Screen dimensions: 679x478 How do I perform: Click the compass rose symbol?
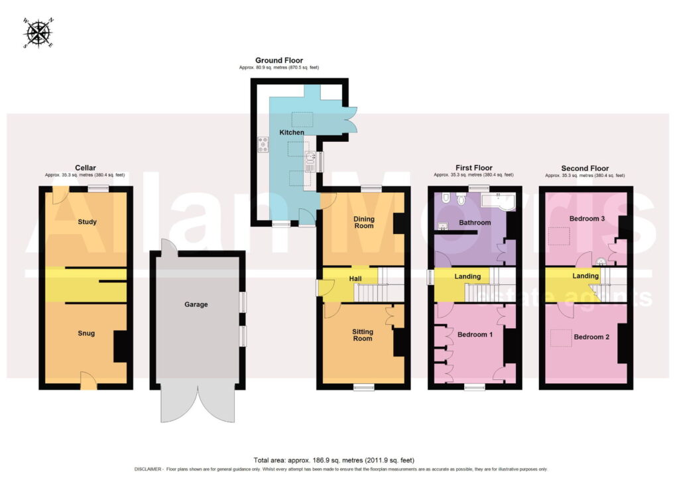38,33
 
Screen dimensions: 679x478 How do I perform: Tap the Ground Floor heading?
279,60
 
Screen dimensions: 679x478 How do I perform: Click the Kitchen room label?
292,132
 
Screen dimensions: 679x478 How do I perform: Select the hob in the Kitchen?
263,144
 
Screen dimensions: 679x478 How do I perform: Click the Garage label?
196,304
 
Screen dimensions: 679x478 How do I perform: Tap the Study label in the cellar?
87,221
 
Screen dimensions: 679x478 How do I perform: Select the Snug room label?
86,333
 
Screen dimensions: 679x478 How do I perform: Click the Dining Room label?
364,222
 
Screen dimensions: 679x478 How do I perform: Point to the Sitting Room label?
363,335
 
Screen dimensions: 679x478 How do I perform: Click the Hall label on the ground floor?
355,278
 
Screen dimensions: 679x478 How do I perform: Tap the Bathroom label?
475,223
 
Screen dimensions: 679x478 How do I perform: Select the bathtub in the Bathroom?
498,202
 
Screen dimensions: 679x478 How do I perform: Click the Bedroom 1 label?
475,334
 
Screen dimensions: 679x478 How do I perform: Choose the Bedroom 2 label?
591,337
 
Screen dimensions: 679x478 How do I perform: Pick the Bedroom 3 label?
587,219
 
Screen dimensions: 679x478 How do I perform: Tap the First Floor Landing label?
467,276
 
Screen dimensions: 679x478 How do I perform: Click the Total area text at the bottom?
334,460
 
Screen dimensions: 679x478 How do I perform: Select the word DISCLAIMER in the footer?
148,469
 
